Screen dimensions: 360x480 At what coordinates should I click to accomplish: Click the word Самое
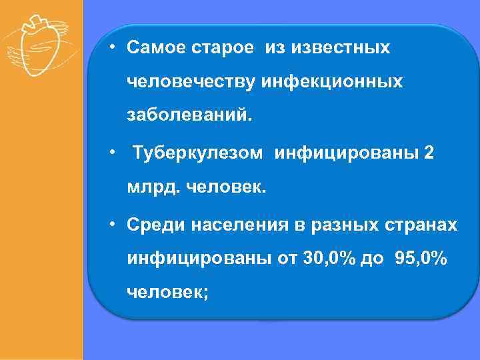153,49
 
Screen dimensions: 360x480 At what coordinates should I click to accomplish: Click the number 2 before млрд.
429,153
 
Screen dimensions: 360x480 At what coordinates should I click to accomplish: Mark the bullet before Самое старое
114,49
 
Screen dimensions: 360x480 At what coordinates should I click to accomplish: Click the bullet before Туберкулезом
114,153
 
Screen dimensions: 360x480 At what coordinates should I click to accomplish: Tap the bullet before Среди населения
114,225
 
